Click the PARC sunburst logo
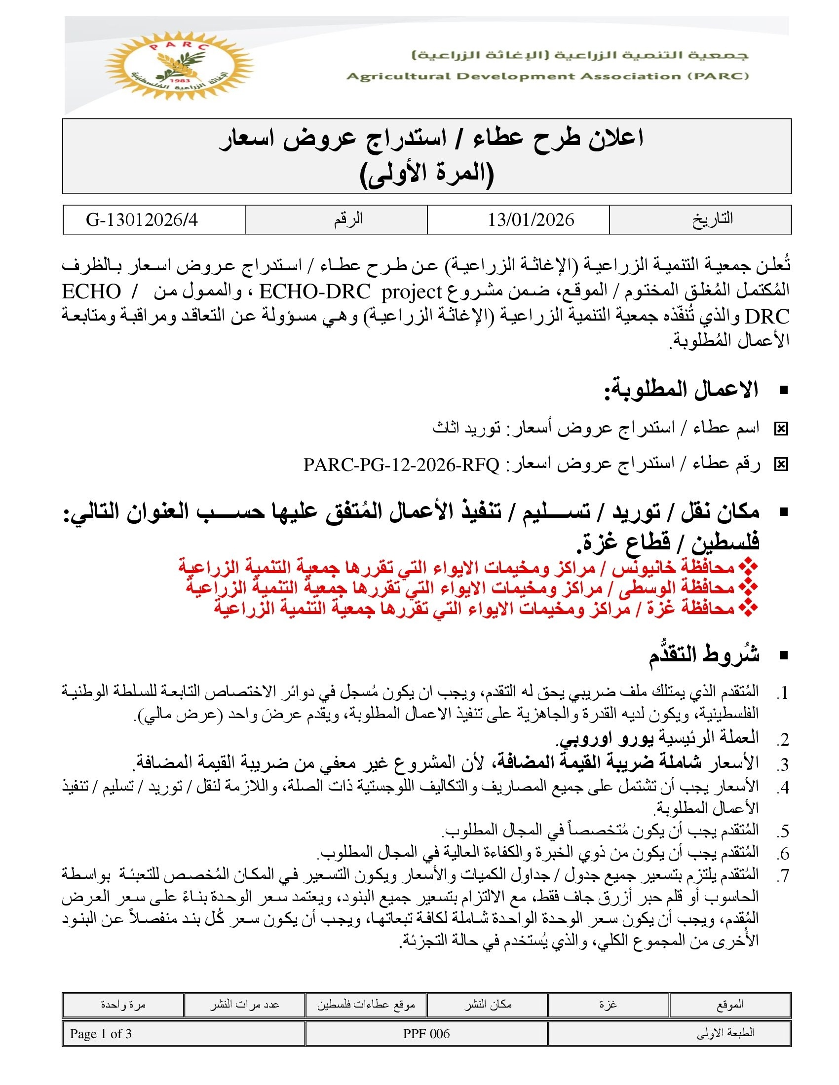point(179,66)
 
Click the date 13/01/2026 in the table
point(531,219)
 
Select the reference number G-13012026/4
point(142,219)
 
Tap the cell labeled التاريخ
point(712,219)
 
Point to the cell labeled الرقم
point(348,219)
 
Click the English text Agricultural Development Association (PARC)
point(547,76)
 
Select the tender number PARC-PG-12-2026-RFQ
point(401,465)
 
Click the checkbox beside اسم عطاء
point(781,429)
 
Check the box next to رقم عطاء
point(781,465)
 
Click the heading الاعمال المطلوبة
point(681,390)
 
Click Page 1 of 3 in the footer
point(101,1034)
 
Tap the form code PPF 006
point(426,1034)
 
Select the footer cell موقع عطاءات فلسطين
point(366,1005)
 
